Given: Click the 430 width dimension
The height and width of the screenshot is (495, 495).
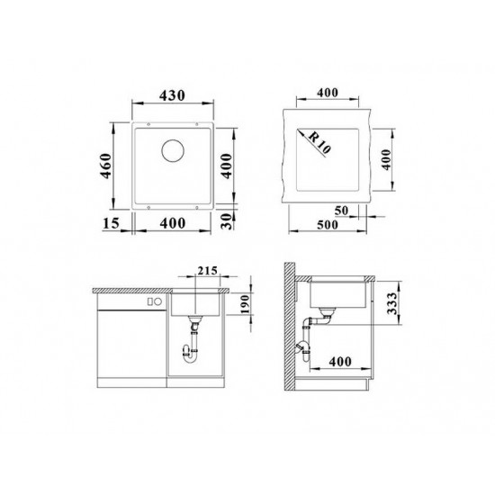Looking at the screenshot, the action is coord(172,95).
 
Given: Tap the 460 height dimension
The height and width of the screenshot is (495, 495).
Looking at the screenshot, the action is coord(106,166).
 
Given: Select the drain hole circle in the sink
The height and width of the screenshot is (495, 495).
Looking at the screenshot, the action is coord(173,150).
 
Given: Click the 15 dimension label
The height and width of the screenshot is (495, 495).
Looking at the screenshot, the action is coord(111,223).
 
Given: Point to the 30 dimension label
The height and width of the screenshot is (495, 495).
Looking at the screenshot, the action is coord(227,221).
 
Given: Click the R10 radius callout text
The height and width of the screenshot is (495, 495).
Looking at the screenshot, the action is coord(319,142).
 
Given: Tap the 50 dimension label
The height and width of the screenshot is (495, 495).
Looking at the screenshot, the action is coord(341,211).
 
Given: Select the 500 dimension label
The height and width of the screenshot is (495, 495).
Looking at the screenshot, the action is coord(328,225).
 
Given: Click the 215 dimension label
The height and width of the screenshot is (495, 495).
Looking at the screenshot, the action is coord(207,271).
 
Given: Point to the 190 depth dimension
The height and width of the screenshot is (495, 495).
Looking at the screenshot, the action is coord(245,304).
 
